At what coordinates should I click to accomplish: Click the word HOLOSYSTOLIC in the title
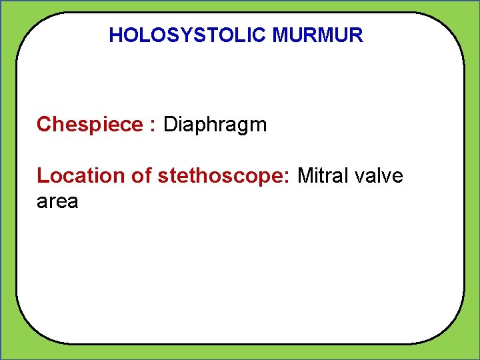point(188,35)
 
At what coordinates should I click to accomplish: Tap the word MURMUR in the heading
point(318,35)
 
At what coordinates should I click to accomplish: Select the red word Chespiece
point(90,125)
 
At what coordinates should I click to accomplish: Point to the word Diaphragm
point(215,125)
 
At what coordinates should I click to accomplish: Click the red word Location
point(80,176)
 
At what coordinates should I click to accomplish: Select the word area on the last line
point(57,201)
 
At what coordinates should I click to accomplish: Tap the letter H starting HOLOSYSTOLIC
point(115,35)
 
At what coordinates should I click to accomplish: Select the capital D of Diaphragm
point(169,125)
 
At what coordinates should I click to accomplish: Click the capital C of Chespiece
point(44,125)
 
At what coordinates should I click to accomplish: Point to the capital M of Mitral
point(305,176)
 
